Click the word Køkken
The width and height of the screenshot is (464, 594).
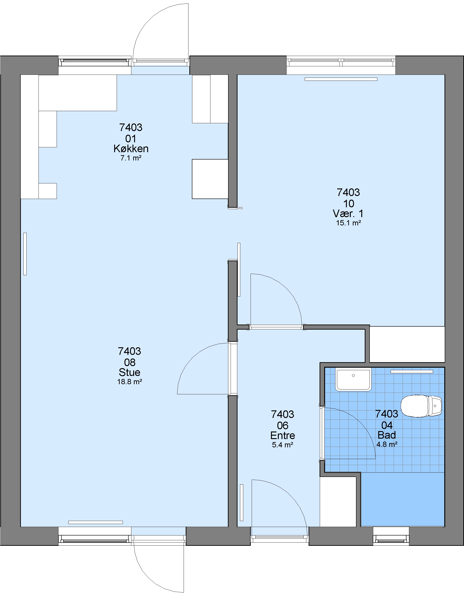pyautogui.click(x=131, y=149)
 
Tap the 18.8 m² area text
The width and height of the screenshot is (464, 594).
pyautogui.click(x=130, y=382)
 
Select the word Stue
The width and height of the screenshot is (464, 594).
pyautogui.click(x=130, y=372)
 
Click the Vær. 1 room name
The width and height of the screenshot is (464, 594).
pyautogui.click(x=348, y=213)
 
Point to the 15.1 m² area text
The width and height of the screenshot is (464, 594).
pyautogui.click(x=348, y=223)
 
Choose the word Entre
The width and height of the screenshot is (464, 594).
pyautogui.click(x=282, y=435)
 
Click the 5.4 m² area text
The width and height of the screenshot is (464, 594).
pyautogui.click(x=282, y=445)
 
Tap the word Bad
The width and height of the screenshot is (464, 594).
pyautogui.click(x=387, y=435)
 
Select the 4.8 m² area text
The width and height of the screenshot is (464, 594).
pyautogui.click(x=387, y=444)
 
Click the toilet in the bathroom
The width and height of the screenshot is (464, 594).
pyautogui.click(x=421, y=406)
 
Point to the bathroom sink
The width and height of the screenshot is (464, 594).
pyautogui.click(x=353, y=379)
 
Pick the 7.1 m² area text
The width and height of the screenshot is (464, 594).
pyautogui.click(x=131, y=158)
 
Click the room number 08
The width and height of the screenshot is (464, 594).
pyautogui.click(x=130, y=362)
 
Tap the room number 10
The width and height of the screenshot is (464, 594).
pyautogui.click(x=348, y=203)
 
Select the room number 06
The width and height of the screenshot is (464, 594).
pyautogui.click(x=282, y=425)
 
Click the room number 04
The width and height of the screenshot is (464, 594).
pyautogui.click(x=387, y=425)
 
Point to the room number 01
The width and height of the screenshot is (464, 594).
pyautogui.click(x=131, y=139)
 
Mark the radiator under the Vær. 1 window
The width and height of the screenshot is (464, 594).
pyautogui.click(x=341, y=79)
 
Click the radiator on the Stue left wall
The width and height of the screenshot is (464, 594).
pyautogui.click(x=25, y=254)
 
